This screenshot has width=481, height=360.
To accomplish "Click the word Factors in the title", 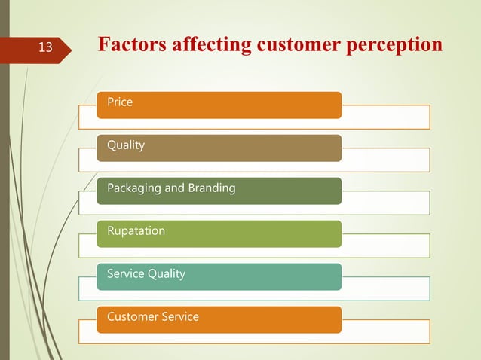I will point(133,45).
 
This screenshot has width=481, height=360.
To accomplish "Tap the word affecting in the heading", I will point(212,45).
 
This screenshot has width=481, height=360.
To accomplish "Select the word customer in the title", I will point(295,45).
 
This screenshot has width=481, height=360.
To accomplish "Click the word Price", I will point(120,102).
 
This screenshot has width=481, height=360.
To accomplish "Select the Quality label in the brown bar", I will point(126,145).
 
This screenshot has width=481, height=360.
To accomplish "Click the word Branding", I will point(211,188).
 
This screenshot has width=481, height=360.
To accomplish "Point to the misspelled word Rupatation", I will point(136,231).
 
